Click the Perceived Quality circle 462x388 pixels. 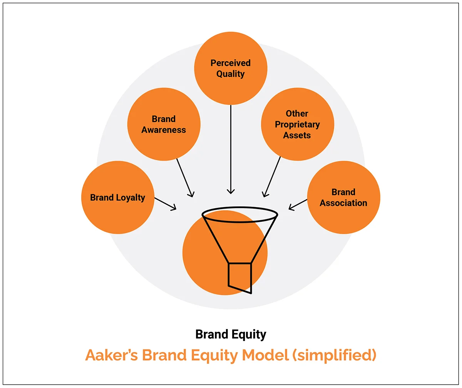point(231,68)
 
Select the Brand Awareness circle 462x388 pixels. point(164,124)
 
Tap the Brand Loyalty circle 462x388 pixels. point(118,197)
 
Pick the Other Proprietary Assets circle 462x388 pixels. point(297,124)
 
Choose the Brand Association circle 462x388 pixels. point(343,197)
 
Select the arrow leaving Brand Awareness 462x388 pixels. point(184,177)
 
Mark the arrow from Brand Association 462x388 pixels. point(298,204)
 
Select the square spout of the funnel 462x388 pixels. point(240,276)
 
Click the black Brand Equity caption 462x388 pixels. point(231,334)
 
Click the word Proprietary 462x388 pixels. point(297,125)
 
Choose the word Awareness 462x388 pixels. point(164,130)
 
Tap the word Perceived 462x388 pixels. point(231,63)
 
